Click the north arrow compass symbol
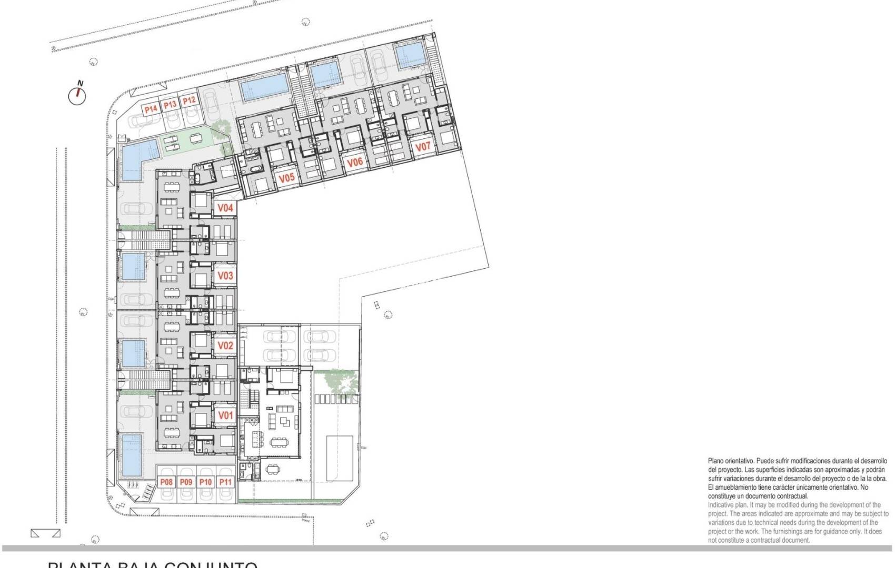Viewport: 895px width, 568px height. click(x=77, y=95)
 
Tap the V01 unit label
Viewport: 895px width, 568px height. click(x=225, y=415)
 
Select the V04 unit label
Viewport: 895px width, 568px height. click(x=225, y=208)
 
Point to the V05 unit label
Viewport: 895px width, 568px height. click(x=286, y=178)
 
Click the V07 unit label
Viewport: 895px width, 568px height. click(x=423, y=147)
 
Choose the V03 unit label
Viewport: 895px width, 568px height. click(x=225, y=276)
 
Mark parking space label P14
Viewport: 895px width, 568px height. click(x=151, y=109)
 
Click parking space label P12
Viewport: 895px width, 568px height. click(x=189, y=100)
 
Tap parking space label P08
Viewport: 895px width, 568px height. click(x=166, y=482)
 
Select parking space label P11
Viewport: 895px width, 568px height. click(x=225, y=482)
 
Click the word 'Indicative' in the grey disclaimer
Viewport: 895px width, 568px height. click(x=722, y=505)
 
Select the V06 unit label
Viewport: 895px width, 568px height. click(x=355, y=162)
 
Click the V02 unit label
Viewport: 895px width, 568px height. click(x=225, y=346)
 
